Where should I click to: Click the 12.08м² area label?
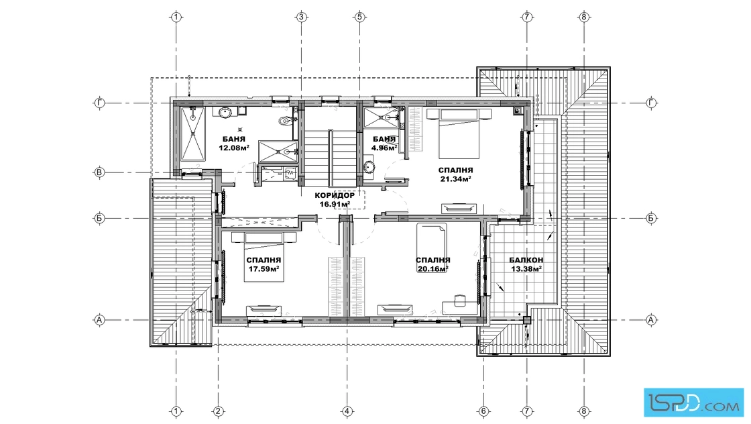[234, 148]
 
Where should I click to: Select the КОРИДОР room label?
[335, 195]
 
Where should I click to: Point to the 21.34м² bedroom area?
[455, 179]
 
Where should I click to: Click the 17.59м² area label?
[264, 269]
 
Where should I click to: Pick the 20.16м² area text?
[432, 269]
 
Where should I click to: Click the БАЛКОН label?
[526, 260]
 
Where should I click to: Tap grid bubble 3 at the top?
[301, 17]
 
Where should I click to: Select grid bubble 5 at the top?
[359, 17]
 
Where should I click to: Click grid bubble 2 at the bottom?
[218, 411]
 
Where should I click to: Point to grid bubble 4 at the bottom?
[347, 411]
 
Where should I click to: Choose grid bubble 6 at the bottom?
[483, 411]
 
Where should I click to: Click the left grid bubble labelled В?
[100, 172]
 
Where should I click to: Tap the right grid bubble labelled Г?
[651, 103]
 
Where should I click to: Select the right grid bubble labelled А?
[651, 319]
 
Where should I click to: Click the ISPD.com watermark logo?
[693, 402]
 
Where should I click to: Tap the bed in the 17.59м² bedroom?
[264, 257]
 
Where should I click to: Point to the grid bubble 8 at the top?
[583, 17]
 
